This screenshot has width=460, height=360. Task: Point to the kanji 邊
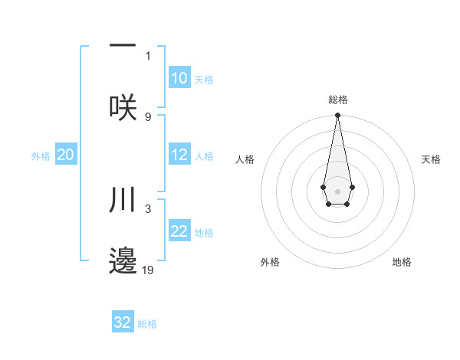(123, 260)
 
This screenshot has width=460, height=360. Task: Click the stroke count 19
(148, 270)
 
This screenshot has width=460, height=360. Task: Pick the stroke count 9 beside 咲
(148, 116)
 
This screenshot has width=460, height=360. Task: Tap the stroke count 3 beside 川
(148, 208)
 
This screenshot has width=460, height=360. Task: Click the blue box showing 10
(179, 78)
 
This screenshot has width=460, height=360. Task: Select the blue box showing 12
(179, 155)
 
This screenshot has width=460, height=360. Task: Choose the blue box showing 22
(179, 231)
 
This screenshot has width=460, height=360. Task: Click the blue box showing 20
(66, 155)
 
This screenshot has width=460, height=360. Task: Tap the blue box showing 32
(123, 322)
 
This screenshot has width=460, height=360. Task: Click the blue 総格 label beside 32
(147, 324)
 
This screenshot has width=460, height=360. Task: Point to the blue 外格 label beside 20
(41, 156)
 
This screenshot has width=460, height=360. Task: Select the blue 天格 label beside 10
(204, 80)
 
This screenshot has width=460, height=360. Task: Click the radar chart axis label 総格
(337, 100)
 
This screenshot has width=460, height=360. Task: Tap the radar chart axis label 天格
(431, 159)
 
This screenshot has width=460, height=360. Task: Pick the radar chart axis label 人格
(245, 159)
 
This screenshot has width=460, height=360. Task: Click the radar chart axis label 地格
(402, 262)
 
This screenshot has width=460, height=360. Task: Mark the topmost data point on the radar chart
(337, 116)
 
